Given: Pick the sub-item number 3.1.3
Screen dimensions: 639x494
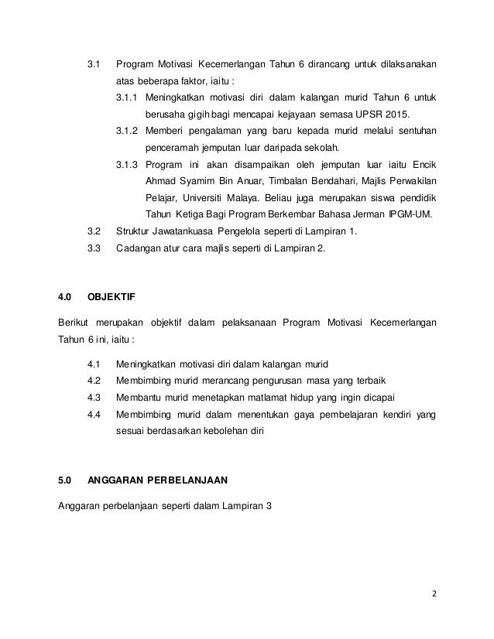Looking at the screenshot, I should coord(126,165).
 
